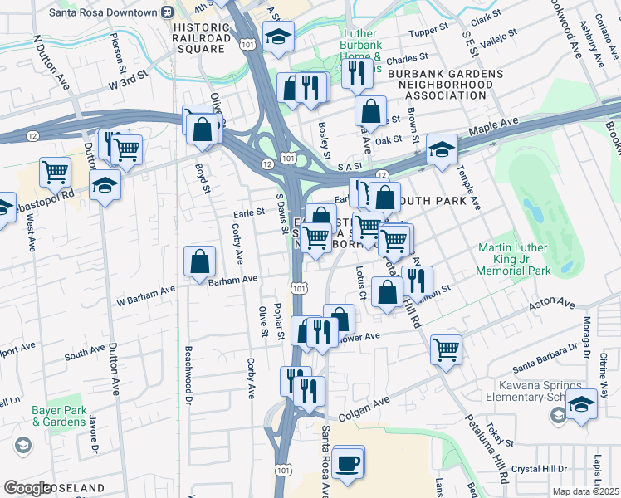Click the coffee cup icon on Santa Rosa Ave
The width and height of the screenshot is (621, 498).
[349, 461]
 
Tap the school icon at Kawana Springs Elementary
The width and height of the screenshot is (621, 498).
[581, 405]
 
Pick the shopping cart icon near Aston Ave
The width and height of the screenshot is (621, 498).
[446, 349]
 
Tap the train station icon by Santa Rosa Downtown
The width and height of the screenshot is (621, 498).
[168, 12]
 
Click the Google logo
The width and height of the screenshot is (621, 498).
[27, 488]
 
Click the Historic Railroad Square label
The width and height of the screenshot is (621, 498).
[201, 38]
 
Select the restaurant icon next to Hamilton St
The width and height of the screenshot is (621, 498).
[417, 281]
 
